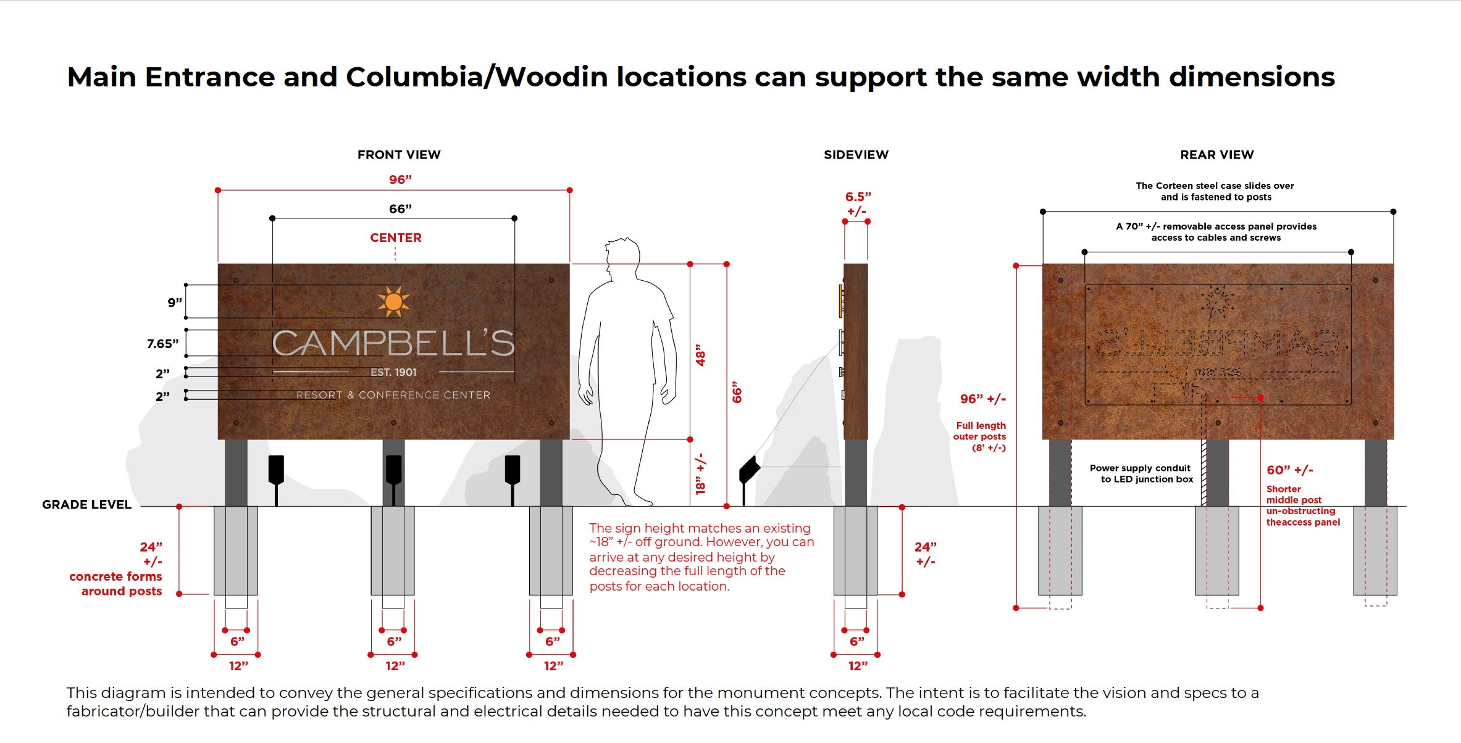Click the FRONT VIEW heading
[399, 155]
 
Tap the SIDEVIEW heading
[856, 155]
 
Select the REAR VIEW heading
[1217, 155]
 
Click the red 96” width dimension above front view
[400, 180]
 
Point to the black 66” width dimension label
[400, 209]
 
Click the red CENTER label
[396, 238]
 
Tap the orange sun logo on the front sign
[393, 301]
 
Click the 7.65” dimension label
[162, 344]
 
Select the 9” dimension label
[175, 302]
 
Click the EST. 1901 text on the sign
[393, 372]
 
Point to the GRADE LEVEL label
[87, 505]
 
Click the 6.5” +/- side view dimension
[858, 204]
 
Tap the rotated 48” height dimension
[700, 355]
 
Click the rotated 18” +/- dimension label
[700, 475]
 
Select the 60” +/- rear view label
[1289, 470]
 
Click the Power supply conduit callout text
[1141, 473]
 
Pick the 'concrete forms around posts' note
[115, 584]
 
